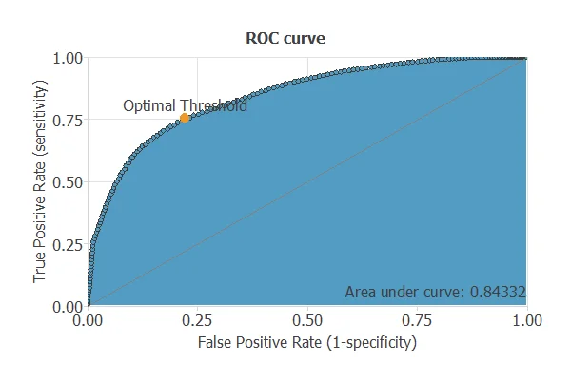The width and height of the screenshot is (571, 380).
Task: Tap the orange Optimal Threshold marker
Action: pyautogui.click(x=185, y=118)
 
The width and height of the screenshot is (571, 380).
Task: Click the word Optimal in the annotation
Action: pyautogui.click(x=149, y=106)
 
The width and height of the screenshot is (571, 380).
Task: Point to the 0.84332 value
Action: pyautogui.click(x=499, y=291)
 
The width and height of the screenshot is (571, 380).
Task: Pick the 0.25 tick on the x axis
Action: pyautogui.click(x=197, y=321)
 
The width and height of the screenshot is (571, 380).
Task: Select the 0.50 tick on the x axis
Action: pyautogui.click(x=306, y=321)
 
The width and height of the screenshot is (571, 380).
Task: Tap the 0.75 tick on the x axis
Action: pyautogui.click(x=417, y=321)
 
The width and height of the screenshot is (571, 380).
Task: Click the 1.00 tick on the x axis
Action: pyautogui.click(x=525, y=321)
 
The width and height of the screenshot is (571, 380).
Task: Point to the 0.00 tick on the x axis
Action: pyautogui.click(x=88, y=321)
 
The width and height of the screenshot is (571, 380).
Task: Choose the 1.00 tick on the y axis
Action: pyautogui.click(x=67, y=58)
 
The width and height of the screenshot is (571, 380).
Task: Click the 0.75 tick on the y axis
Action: pyautogui.click(x=67, y=120)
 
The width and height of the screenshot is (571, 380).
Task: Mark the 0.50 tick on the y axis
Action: pyautogui.click(x=67, y=182)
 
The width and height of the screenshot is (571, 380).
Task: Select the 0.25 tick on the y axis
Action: pyautogui.click(x=67, y=244)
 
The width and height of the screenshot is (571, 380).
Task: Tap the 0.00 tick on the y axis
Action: pyautogui.click(x=67, y=306)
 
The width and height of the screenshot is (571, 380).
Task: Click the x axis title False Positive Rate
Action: pyautogui.click(x=258, y=340)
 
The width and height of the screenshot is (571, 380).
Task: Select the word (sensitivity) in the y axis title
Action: pyautogui.click(x=40, y=122)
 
